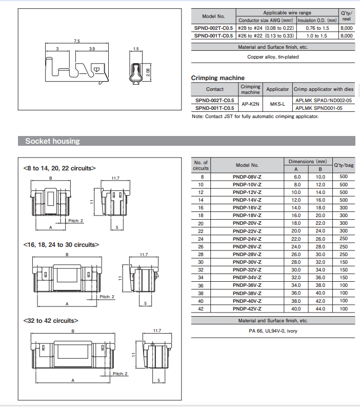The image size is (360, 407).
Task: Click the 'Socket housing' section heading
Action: pos(53,141)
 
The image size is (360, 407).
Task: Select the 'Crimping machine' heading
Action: pos(218,78)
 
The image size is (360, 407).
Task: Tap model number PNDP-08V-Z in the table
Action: pos(247,176)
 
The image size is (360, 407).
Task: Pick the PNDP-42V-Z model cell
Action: pos(247,308)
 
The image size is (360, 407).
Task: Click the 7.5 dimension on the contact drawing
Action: pos(77,41)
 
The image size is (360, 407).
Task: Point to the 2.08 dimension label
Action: pos(148,72)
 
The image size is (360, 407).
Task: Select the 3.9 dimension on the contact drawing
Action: pos(92,49)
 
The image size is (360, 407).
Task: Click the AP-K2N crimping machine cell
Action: pos(251,104)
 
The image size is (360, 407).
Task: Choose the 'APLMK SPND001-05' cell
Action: pos(324,108)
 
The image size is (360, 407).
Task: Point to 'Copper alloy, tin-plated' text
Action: pos(273,57)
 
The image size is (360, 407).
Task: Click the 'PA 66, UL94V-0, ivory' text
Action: pos(273,331)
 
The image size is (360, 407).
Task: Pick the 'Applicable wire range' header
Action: pos(287,12)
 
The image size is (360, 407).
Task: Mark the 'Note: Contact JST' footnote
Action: pos(255,117)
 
